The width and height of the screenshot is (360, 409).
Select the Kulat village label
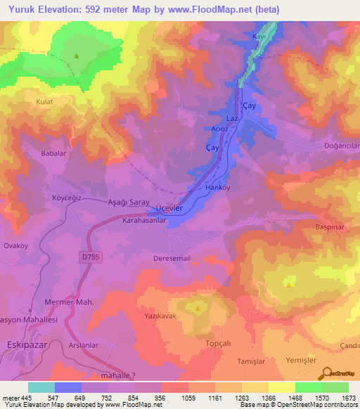(45, 102)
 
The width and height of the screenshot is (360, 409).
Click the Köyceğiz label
(67, 198)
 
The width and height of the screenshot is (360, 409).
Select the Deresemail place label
(172, 258)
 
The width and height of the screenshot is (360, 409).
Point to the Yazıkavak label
(159, 317)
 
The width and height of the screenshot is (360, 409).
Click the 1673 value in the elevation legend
(347, 397)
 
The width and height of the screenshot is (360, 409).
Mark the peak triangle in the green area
(76, 55)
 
